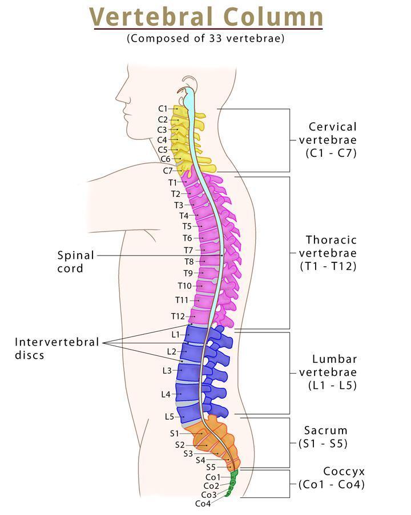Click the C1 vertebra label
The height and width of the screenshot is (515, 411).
pos(163,108)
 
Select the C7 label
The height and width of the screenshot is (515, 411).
pos(168,171)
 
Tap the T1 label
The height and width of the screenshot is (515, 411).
pos(173,183)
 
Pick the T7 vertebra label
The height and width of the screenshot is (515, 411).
pos(188,250)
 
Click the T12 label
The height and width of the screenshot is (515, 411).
pos(178,316)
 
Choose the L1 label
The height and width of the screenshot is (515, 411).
pos(175,334)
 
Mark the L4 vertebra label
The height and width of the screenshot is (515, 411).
pos(166,394)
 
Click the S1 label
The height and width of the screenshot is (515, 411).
pos(175,433)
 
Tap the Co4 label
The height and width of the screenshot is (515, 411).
pos(203,504)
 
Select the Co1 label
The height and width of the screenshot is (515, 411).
pos(212,477)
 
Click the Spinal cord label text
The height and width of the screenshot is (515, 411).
pos(75,261)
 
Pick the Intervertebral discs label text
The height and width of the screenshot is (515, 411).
pos(57,348)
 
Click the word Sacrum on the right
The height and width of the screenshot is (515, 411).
pos(325,431)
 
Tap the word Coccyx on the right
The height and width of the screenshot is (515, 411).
pos(344,472)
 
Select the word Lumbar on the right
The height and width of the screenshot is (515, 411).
pos(334,359)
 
